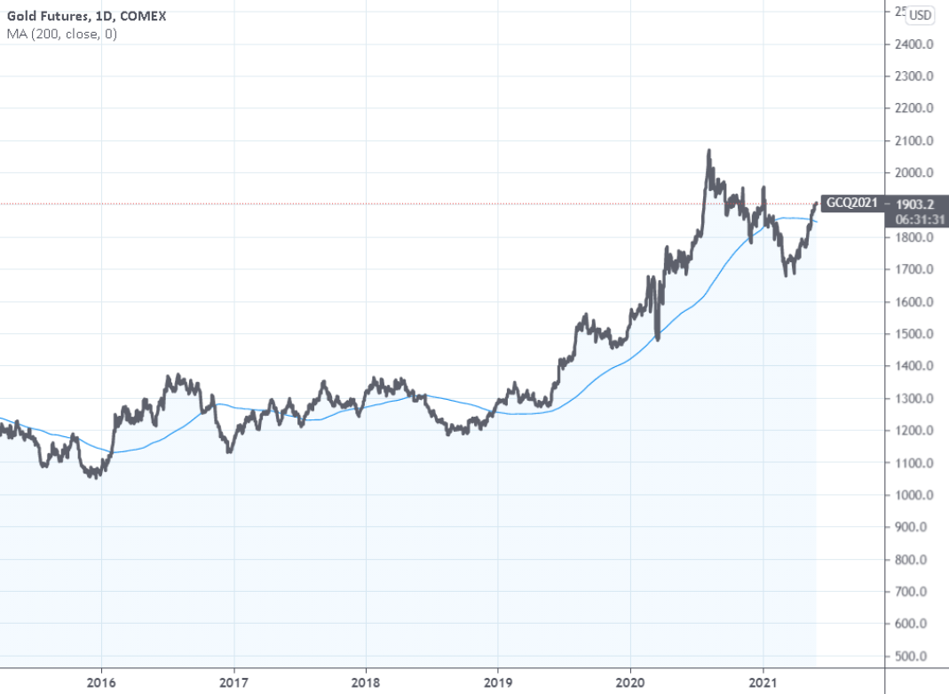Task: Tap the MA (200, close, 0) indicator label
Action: pyautogui.click(x=61, y=34)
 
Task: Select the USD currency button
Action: pyautogui.click(x=921, y=14)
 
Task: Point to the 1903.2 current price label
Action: pyautogui.click(x=915, y=203)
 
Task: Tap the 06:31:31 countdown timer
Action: pyautogui.click(x=915, y=218)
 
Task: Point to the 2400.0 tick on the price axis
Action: pyautogui.click(x=915, y=44)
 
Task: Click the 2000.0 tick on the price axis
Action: pyautogui.click(x=915, y=172)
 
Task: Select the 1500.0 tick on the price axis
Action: pyautogui.click(x=915, y=333)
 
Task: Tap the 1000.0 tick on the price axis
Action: pyautogui.click(x=915, y=495)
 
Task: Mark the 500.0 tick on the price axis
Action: pyautogui.click(x=915, y=656)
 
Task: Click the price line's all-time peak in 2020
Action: pyautogui.click(x=708, y=151)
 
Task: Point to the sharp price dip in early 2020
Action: pyautogui.click(x=657, y=339)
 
